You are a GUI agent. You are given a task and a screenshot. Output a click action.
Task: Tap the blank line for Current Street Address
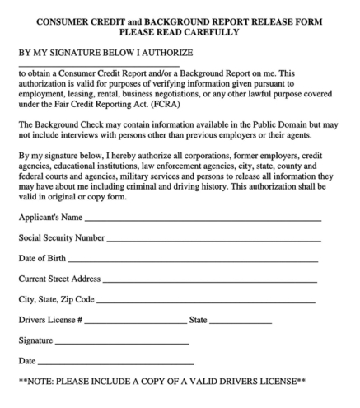point(210,280)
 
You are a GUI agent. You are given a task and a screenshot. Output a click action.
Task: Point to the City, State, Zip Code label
point(57,299)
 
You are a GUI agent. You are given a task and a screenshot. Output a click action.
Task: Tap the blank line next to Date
point(115,362)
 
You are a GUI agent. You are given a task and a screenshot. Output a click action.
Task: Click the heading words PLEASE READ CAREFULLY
point(180,32)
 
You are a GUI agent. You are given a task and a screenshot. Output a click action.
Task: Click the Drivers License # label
point(50,320)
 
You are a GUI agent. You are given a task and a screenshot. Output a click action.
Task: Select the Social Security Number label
point(61,238)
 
